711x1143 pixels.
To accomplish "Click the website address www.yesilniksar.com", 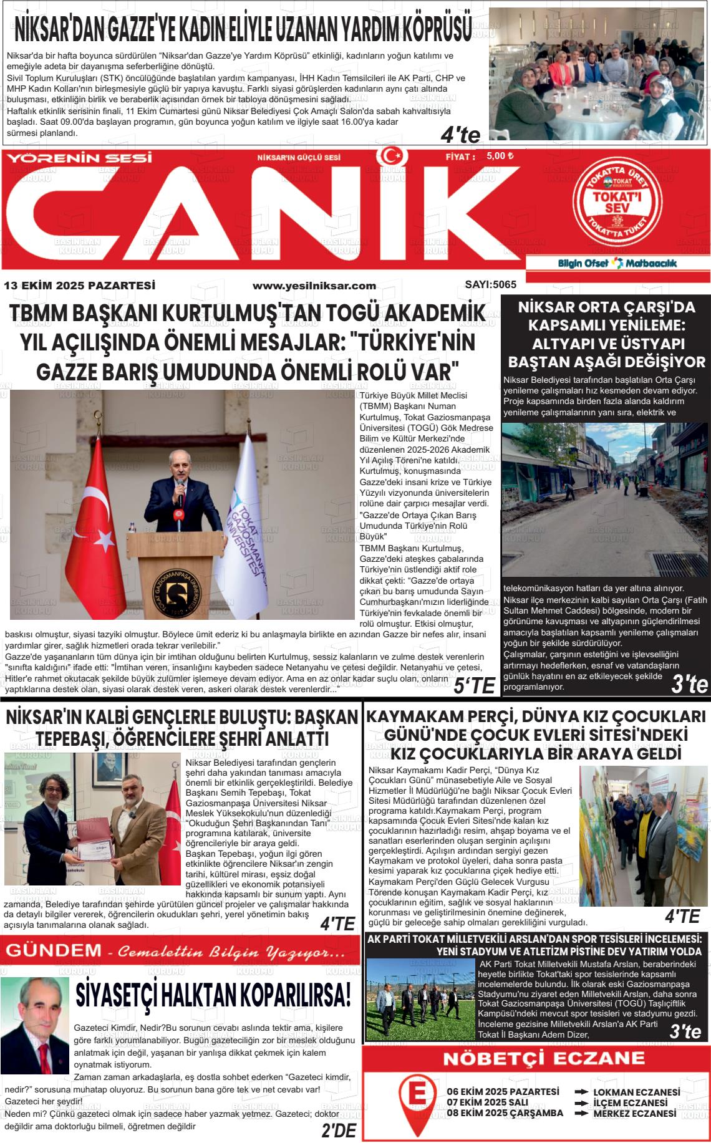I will coord(314,286).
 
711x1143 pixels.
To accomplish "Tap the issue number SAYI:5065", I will coord(490,284).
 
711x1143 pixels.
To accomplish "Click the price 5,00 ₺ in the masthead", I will coord(500,156).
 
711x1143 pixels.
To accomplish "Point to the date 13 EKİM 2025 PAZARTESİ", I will coord(79,286).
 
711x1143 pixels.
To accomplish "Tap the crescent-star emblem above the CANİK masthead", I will coord(392,156).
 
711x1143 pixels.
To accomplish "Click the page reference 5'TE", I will coord(474,686).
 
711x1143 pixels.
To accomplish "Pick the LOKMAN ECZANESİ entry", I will coord(636,1092).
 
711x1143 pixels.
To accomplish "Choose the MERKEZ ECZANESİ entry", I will coord(634,1113).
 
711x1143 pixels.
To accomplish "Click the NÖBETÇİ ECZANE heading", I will coord(535,1058).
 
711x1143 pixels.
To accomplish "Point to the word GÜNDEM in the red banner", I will coord(53,951).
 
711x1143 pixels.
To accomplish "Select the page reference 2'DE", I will coord(338,1130).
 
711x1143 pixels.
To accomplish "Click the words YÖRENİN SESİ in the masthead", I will coord(79,158).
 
